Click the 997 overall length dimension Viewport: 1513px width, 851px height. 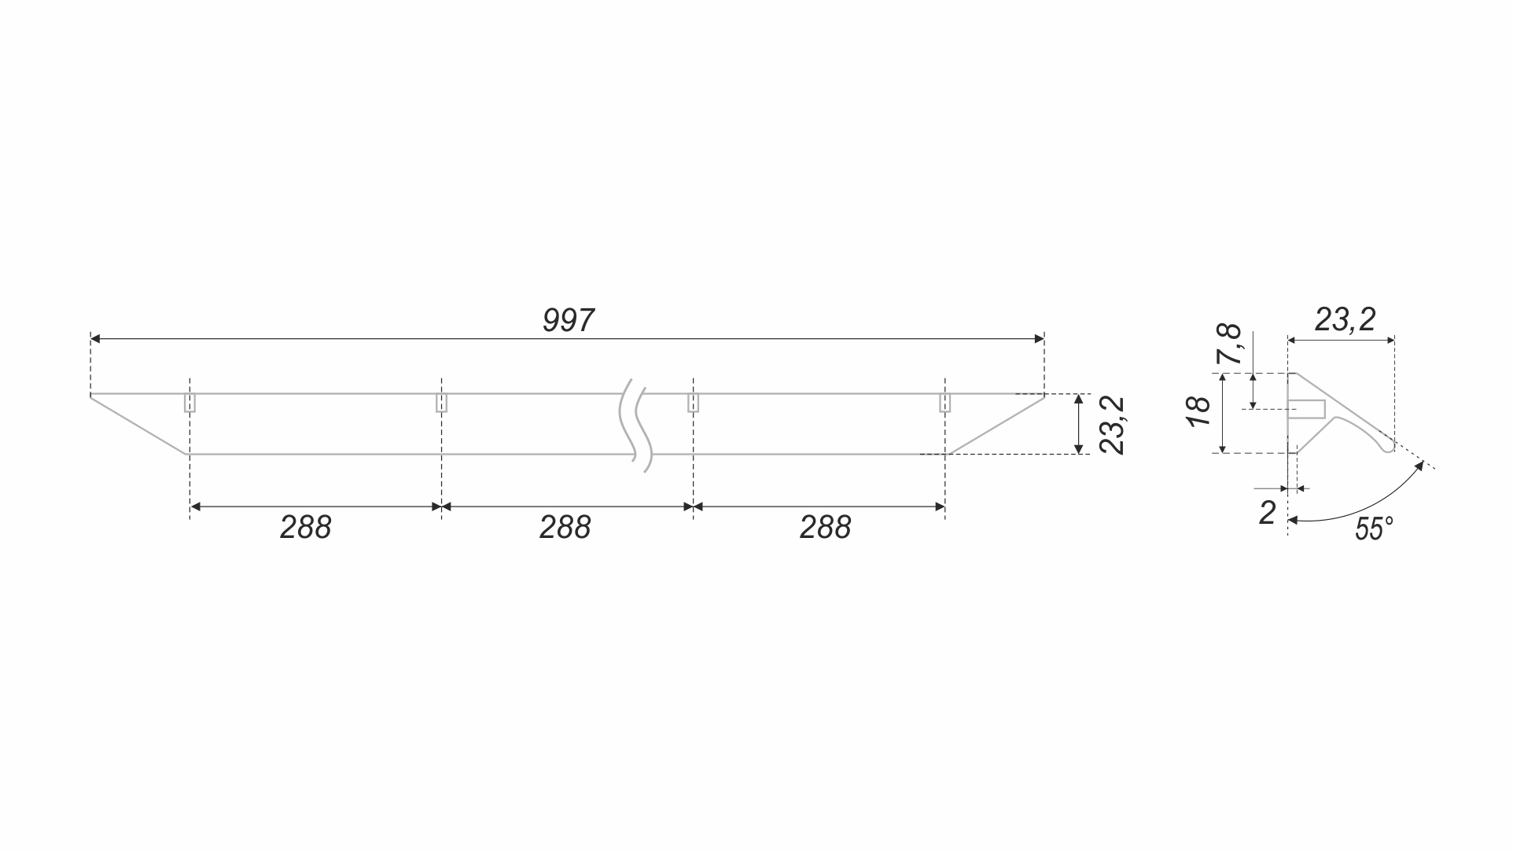click(568, 321)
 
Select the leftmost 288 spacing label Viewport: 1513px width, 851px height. click(306, 528)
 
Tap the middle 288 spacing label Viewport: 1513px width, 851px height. click(565, 528)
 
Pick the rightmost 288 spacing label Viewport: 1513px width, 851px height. click(826, 528)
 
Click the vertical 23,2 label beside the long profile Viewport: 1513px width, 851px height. click(1112, 425)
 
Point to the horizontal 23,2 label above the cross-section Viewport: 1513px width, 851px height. click(1345, 319)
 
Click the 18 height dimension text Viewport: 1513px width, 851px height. click(1200, 411)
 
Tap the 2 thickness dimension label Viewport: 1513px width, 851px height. click(1267, 513)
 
